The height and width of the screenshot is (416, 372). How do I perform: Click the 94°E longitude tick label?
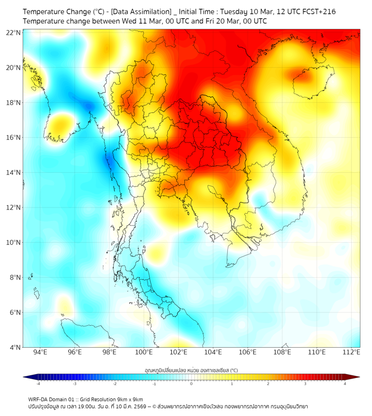pyautogui.click(x=40, y=352)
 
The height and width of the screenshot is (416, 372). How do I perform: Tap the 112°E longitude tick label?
pyautogui.click(x=351, y=352)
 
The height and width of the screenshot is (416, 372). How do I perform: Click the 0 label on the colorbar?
pyautogui.click(x=192, y=384)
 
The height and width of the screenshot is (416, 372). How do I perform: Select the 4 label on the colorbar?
pyautogui.click(x=345, y=384)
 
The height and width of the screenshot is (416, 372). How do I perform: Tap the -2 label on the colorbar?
pyautogui.click(x=114, y=384)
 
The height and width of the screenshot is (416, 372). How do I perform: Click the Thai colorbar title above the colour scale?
pyautogui.click(x=191, y=370)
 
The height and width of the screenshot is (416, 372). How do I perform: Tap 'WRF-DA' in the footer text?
pyautogui.click(x=39, y=399)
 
